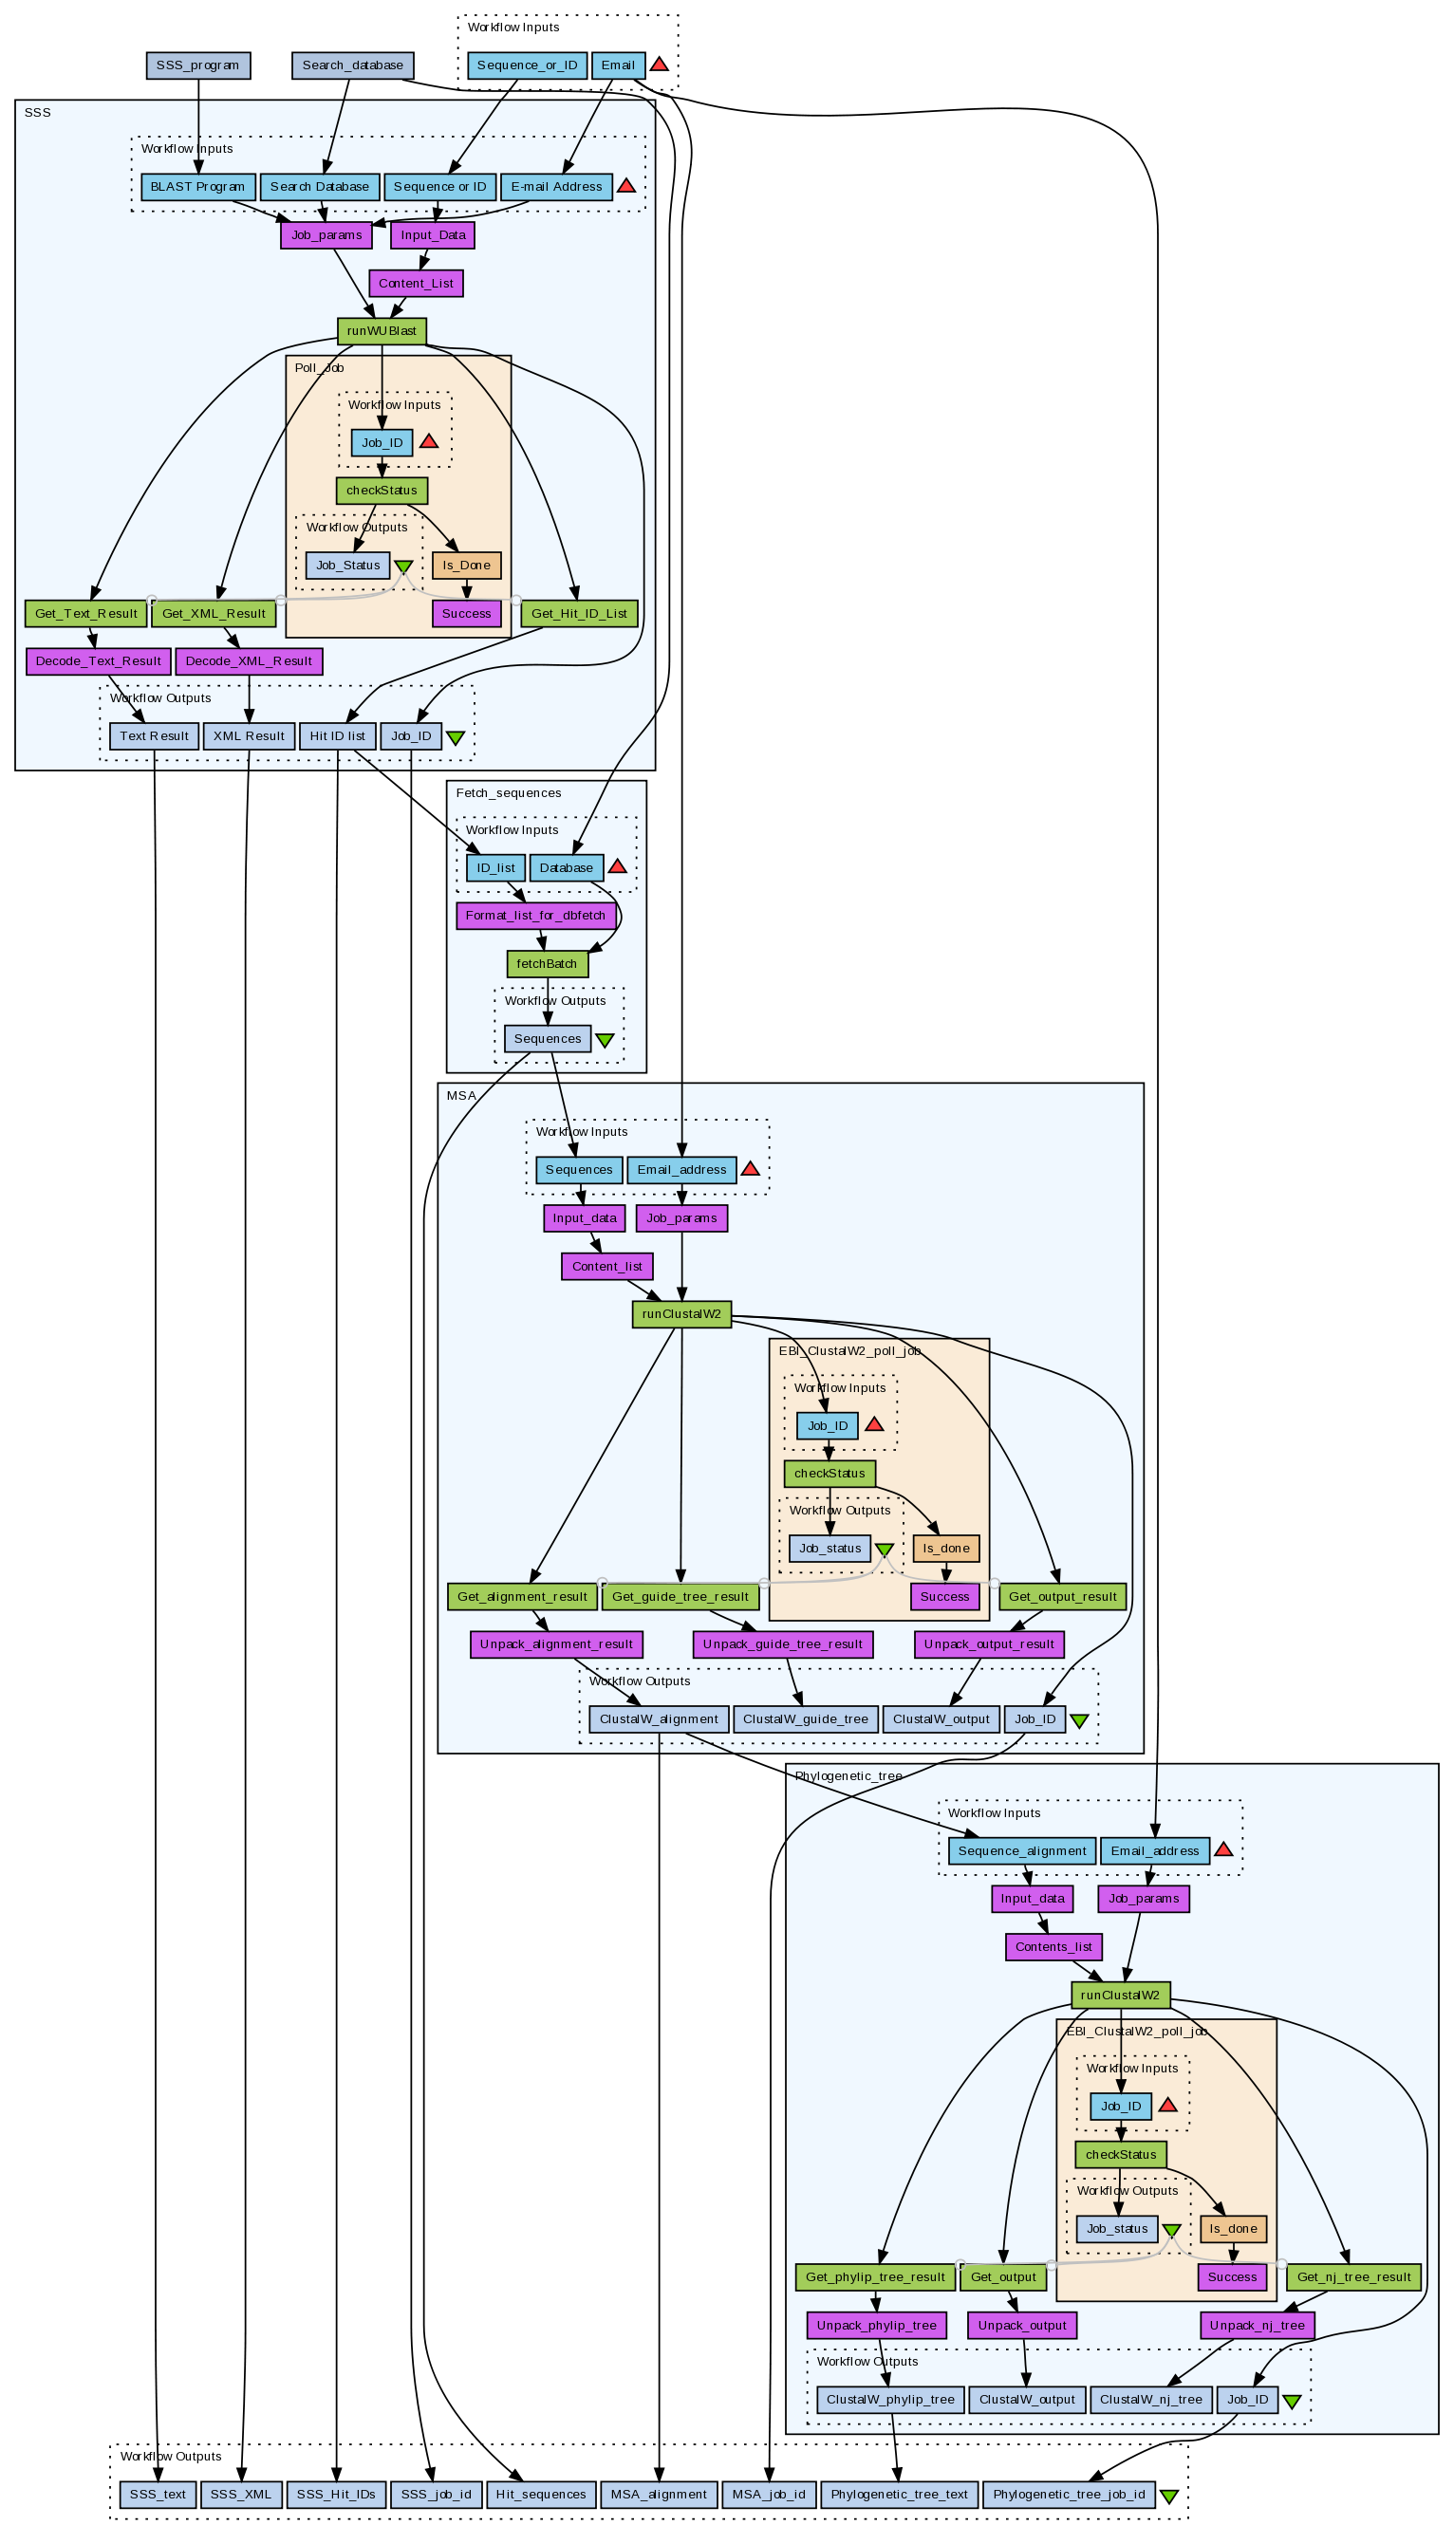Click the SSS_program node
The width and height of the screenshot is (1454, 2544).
pyautogui.click(x=197, y=65)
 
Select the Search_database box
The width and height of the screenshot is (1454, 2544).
pyautogui.click(x=352, y=65)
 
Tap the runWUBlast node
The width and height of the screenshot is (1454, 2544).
pyautogui.click(x=382, y=330)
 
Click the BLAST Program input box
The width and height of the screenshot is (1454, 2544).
pyautogui.click(x=197, y=187)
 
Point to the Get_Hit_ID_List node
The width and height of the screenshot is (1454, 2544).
pyautogui.click(x=579, y=613)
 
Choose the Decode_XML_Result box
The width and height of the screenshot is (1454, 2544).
pyautogui.click(x=249, y=661)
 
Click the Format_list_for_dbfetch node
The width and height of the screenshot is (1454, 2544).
pyautogui.click(x=535, y=916)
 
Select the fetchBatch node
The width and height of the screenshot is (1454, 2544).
pyautogui.click(x=547, y=964)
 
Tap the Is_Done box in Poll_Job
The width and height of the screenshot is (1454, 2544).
pyautogui.click(x=466, y=566)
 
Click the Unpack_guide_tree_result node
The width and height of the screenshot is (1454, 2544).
pyautogui.click(x=782, y=1644)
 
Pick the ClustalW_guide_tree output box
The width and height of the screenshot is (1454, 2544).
pyautogui.click(x=805, y=1719)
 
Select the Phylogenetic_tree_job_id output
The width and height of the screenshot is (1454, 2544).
pyautogui.click(x=1069, y=2494)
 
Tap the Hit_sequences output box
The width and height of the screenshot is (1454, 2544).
pyautogui.click(x=540, y=2494)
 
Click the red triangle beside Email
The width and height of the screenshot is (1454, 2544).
pyautogui.click(x=659, y=65)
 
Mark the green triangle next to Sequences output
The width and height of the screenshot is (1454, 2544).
pyautogui.click(x=606, y=1040)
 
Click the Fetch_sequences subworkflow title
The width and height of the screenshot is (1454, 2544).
pyautogui.click(x=509, y=793)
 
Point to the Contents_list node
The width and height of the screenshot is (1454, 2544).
pyautogui.click(x=1053, y=1947)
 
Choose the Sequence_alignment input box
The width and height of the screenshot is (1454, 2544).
pyautogui.click(x=1021, y=1851)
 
